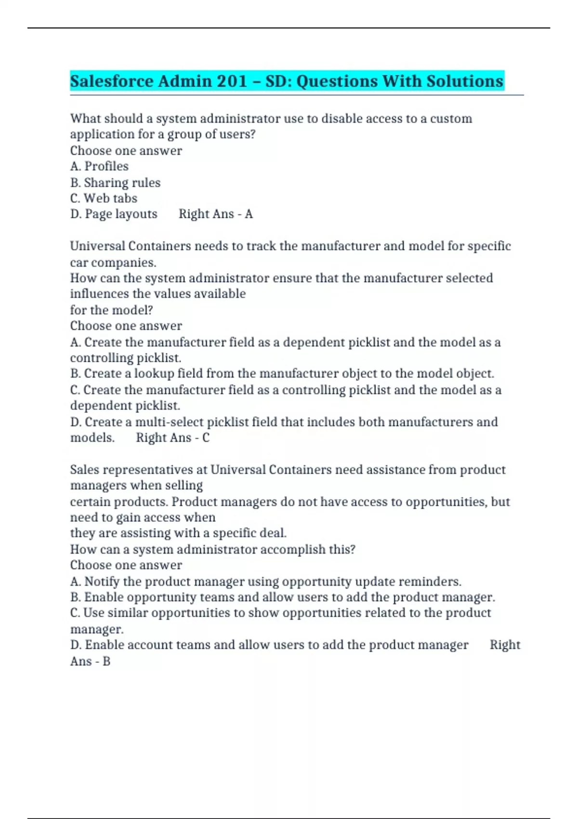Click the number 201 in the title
(x=232, y=81)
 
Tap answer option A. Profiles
(x=99, y=166)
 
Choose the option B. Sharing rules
(x=115, y=183)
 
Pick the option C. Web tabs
(x=104, y=198)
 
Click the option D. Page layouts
(x=114, y=214)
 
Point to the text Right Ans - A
(x=215, y=214)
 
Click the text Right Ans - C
(x=172, y=437)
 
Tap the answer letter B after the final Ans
(x=106, y=661)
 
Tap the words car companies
(x=113, y=263)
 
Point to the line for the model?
(x=111, y=310)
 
